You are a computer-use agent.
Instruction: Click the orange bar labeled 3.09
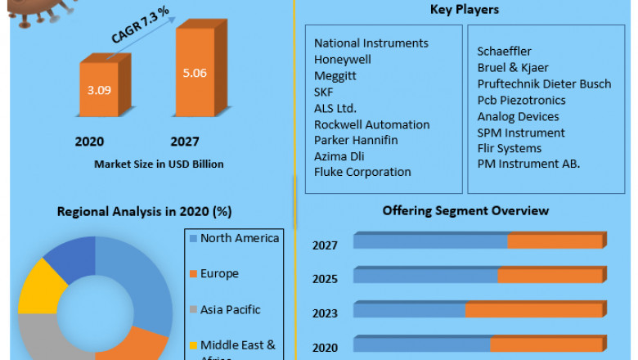[x=99, y=89]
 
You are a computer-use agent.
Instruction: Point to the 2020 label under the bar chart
[x=89, y=142]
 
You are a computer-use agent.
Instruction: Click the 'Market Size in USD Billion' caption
[x=159, y=164]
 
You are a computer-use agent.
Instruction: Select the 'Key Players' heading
[x=464, y=10]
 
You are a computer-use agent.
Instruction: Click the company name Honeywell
[x=343, y=59]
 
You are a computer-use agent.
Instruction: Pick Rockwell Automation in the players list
[x=371, y=124]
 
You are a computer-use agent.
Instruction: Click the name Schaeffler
[x=504, y=52]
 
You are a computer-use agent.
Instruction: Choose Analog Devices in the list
[x=518, y=116]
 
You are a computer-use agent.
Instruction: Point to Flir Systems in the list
[x=509, y=148]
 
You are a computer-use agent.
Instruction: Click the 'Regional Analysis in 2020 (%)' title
[x=144, y=211]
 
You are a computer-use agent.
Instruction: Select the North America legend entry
[x=239, y=238]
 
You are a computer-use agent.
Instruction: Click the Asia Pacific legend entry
[x=230, y=309]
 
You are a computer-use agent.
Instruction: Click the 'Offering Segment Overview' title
[x=465, y=211]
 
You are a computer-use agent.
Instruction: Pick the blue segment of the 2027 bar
[x=430, y=241]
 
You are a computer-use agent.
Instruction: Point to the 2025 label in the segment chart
[x=326, y=279]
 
